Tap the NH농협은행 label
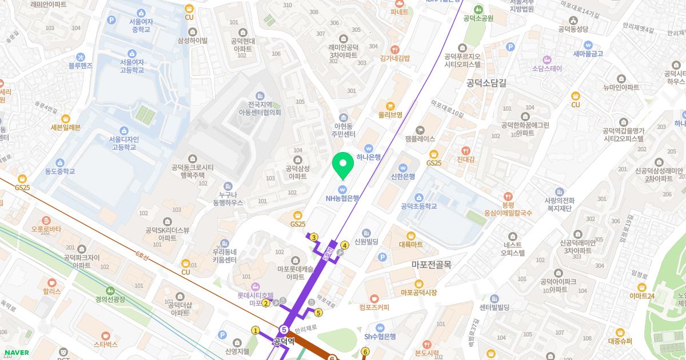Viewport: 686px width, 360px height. coord(342,198)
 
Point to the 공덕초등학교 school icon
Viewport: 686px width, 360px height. coord(419,197)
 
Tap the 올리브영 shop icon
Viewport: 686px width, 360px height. coord(390,106)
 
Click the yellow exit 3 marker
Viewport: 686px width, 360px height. coord(314,237)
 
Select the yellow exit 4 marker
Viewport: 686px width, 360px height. coord(344,246)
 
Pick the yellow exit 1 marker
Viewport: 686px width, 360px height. coord(256,330)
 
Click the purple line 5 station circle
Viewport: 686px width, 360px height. coord(284,329)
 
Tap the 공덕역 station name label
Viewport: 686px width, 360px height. coord(284,342)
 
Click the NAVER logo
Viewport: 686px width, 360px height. coord(17,353)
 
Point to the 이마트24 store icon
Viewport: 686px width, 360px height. coord(641,286)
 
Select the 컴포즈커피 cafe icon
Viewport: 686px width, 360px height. coord(374,298)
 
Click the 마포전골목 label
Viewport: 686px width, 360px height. coord(432,265)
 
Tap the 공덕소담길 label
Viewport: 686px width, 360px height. coord(486,83)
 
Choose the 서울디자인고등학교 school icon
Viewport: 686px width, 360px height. coord(124,131)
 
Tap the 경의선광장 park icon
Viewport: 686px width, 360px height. coord(110,290)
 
